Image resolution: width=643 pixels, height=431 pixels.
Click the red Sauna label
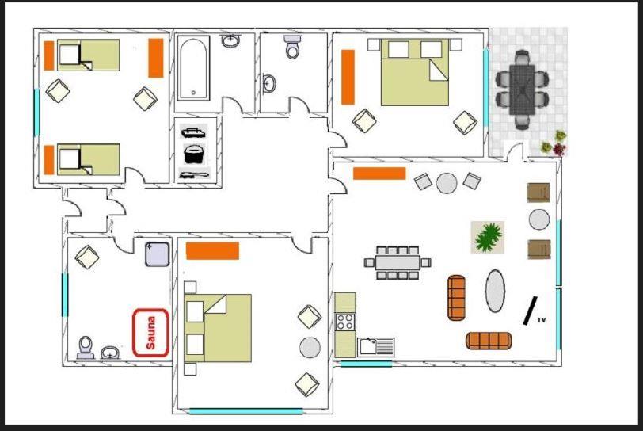150,333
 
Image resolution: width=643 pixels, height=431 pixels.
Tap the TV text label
542,320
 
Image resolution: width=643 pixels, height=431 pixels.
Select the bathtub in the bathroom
193,68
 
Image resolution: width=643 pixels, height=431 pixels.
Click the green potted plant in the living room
488,237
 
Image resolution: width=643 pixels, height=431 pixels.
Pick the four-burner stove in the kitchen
345,322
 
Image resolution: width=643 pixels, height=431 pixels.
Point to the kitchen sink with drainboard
376,347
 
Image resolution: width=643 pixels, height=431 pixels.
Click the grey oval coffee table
496,291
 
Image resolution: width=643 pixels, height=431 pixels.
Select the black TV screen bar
530,311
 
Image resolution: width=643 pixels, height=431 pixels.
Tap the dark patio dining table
522,90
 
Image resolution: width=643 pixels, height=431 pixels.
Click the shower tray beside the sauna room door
157,254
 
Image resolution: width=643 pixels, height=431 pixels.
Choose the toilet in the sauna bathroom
86,348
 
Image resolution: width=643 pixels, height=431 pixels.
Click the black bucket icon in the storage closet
194,154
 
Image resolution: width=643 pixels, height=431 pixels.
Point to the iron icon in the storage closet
193,132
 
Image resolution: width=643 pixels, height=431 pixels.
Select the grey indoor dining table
398,263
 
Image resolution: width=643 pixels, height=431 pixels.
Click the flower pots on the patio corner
554,143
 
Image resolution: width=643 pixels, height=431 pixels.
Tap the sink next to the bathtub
231,40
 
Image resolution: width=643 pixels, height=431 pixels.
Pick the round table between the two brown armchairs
538,219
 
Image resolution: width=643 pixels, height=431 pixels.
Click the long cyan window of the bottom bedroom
246,411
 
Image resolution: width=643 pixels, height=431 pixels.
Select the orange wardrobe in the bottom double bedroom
212,251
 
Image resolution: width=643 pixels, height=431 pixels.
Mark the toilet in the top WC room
292,47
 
